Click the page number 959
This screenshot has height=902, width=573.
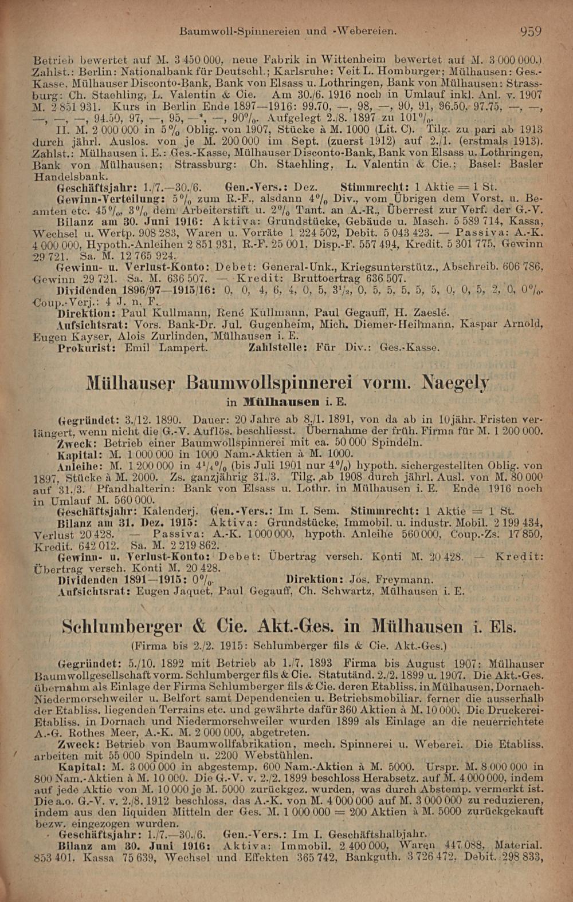tap(531, 31)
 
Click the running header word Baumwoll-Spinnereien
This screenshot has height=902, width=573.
tap(240, 31)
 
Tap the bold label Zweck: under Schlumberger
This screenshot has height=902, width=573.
tap(77, 744)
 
